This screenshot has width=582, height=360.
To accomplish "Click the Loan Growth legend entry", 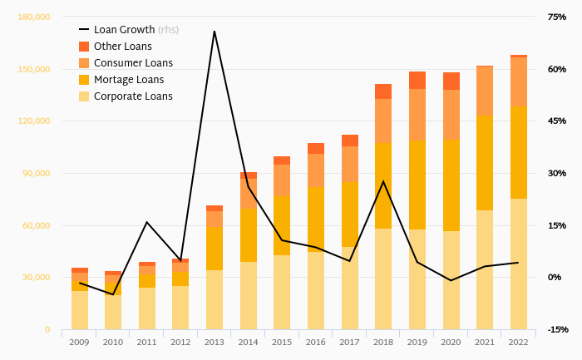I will pyautogui.click(x=124, y=30).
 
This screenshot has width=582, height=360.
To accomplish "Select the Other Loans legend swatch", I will pyautogui.click(x=84, y=47).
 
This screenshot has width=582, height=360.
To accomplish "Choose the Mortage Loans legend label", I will pyautogui.click(x=129, y=80).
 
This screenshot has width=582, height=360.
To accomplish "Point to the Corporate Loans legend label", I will pyautogui.click(x=133, y=96).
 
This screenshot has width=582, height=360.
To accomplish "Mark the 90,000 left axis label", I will pyautogui.click(x=36, y=173).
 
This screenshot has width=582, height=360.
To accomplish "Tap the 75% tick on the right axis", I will pyautogui.click(x=556, y=17).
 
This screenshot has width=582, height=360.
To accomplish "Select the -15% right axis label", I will pyautogui.click(x=557, y=329).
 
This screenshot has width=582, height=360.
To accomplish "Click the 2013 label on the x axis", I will pyautogui.click(x=215, y=341).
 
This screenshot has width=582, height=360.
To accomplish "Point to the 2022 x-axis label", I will pyautogui.click(x=519, y=341).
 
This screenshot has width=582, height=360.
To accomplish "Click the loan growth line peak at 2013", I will pyautogui.click(x=215, y=32).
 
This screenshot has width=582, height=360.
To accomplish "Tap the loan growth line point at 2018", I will pyautogui.click(x=383, y=181).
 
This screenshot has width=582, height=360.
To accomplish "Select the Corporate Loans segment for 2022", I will pyautogui.click(x=519, y=264).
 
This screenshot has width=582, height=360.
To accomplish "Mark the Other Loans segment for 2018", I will pyautogui.click(x=383, y=91).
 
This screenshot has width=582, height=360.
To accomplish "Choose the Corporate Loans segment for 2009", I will pyautogui.click(x=80, y=310).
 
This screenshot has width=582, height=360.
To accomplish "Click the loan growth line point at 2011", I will pyautogui.click(x=147, y=222).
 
